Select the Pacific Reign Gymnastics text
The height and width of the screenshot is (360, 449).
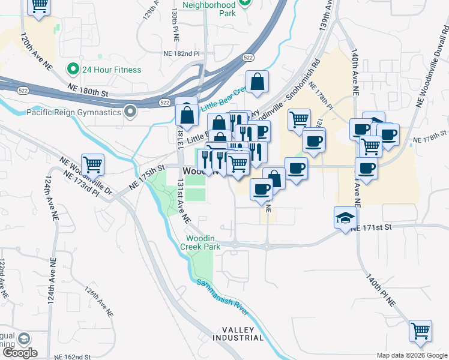pyautogui.click(x=74, y=112)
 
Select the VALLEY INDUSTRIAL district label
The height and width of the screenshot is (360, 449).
pyautogui.click(x=243, y=334)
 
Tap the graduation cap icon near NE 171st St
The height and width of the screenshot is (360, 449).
pyautogui.click(x=345, y=217)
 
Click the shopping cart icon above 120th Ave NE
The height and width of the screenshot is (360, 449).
pyautogui.click(x=39, y=7)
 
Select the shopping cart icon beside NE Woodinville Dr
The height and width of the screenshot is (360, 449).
pyautogui.click(x=92, y=164)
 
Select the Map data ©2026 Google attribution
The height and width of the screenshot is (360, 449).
pyautogui.click(x=412, y=355)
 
